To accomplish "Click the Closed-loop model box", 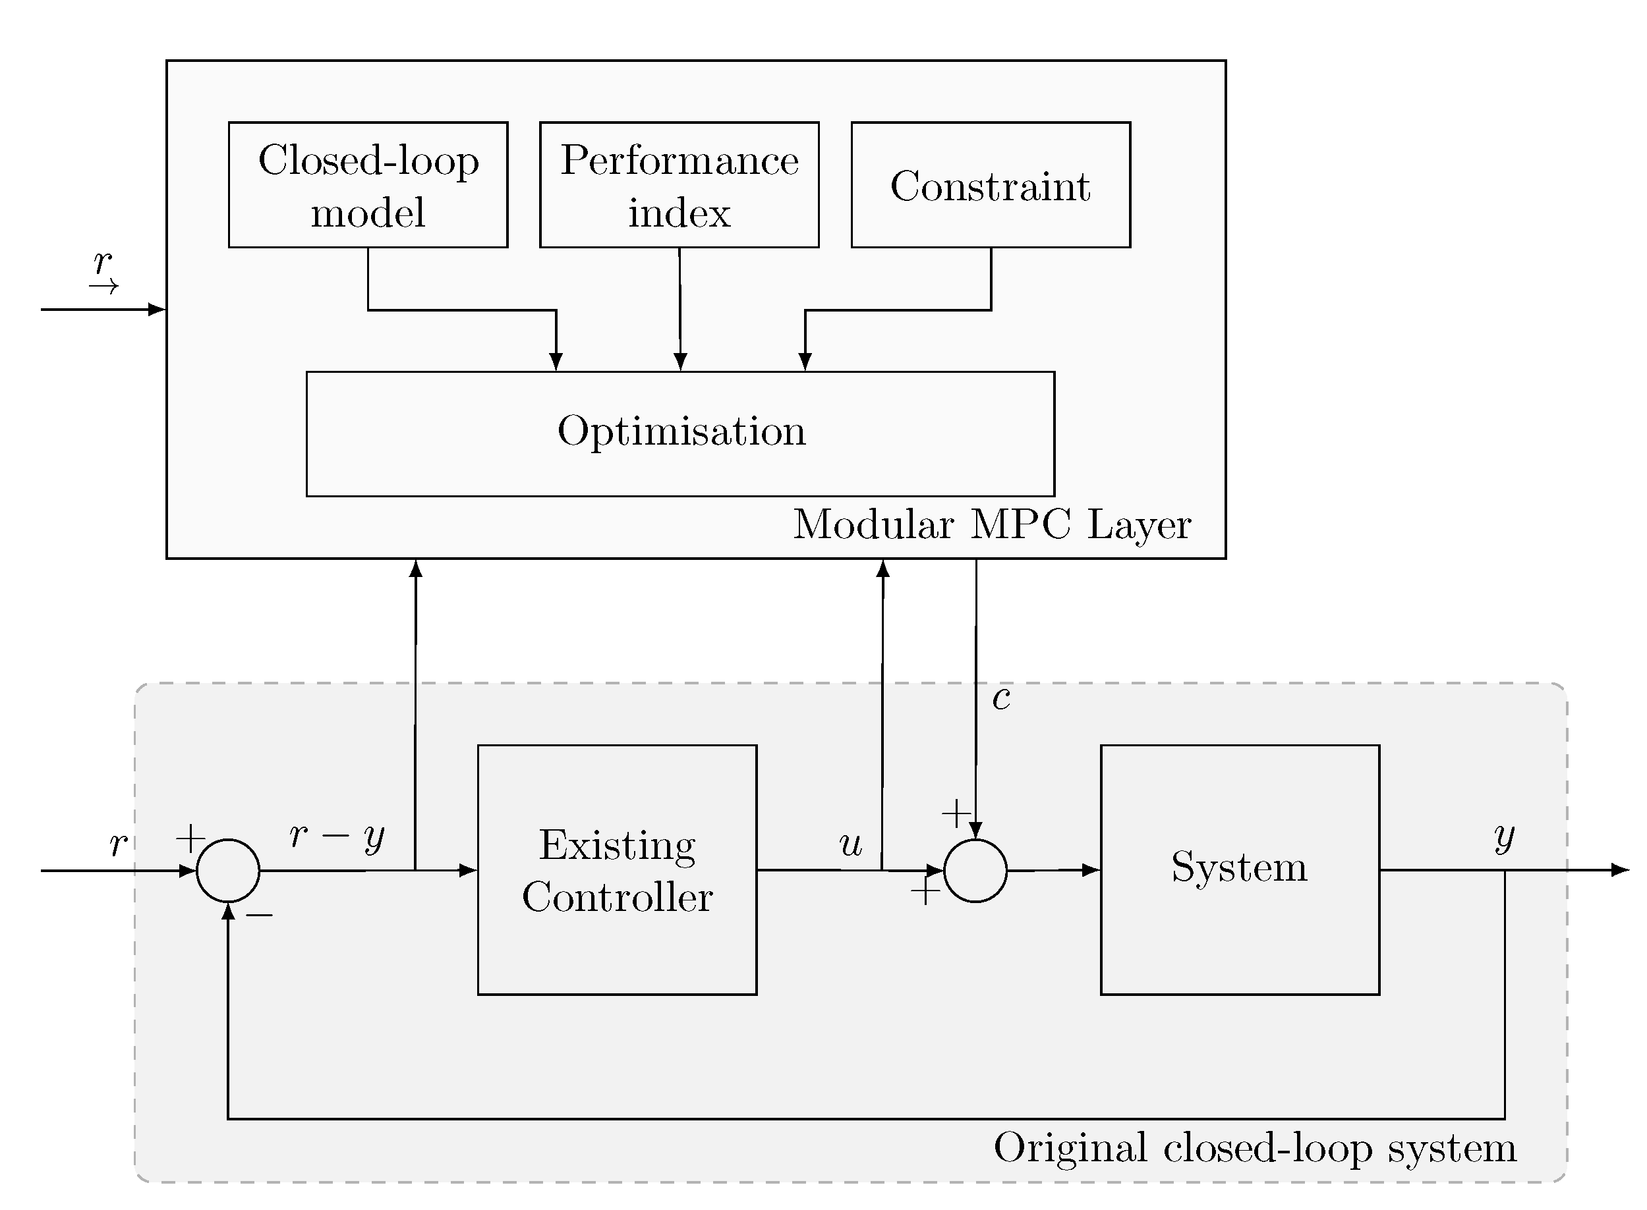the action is (x=368, y=184).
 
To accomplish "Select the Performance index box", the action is (x=679, y=184).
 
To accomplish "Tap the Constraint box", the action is (x=991, y=184).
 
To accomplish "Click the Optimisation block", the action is (x=681, y=433).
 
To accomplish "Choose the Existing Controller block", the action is (x=617, y=869).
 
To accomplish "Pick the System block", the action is (x=1240, y=869).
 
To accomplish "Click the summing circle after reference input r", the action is (x=228, y=870).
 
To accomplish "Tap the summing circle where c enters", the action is (x=975, y=870).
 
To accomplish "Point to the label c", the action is (x=1001, y=698).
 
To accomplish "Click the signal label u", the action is (x=851, y=844).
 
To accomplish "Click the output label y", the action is (x=1505, y=837).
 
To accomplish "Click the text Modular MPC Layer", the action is (x=992, y=524).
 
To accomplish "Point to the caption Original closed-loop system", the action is (x=1255, y=1147).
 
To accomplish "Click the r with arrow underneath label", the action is (x=103, y=272).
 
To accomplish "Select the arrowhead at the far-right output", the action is (x=1621, y=870).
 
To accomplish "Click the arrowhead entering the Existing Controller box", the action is (x=467, y=870).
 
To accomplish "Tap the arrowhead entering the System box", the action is (x=1090, y=870).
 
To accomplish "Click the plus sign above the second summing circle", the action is (x=956, y=813).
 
